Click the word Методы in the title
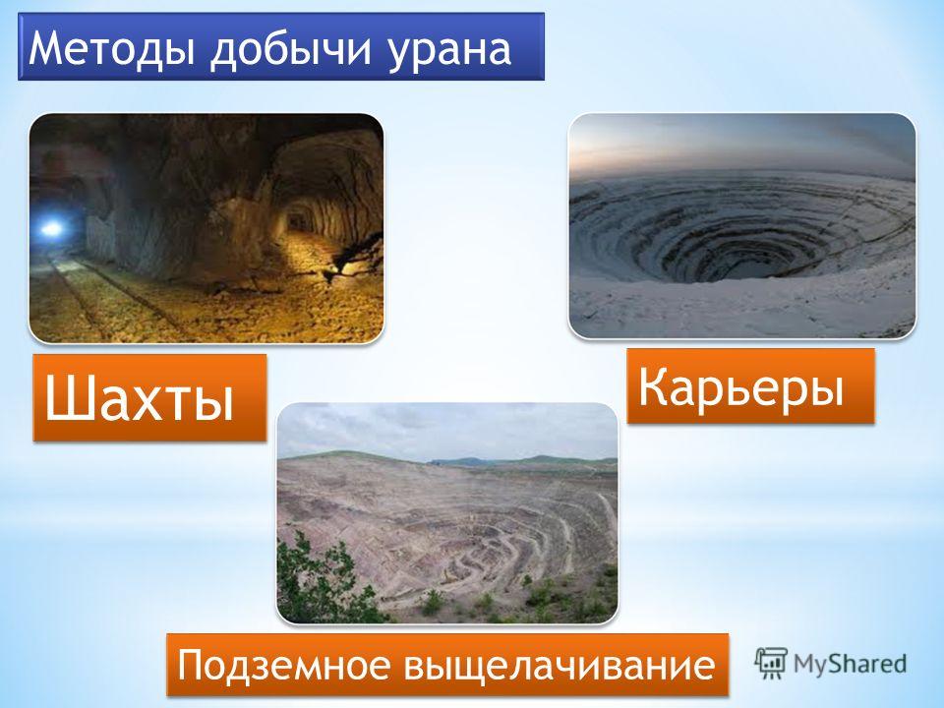pos(112,47)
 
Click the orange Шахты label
pos(149,398)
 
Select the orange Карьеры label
pos(750,386)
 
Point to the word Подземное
pos(282,665)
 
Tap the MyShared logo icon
pos(771,664)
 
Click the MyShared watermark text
pos(850,664)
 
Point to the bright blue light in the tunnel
pos(52,228)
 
